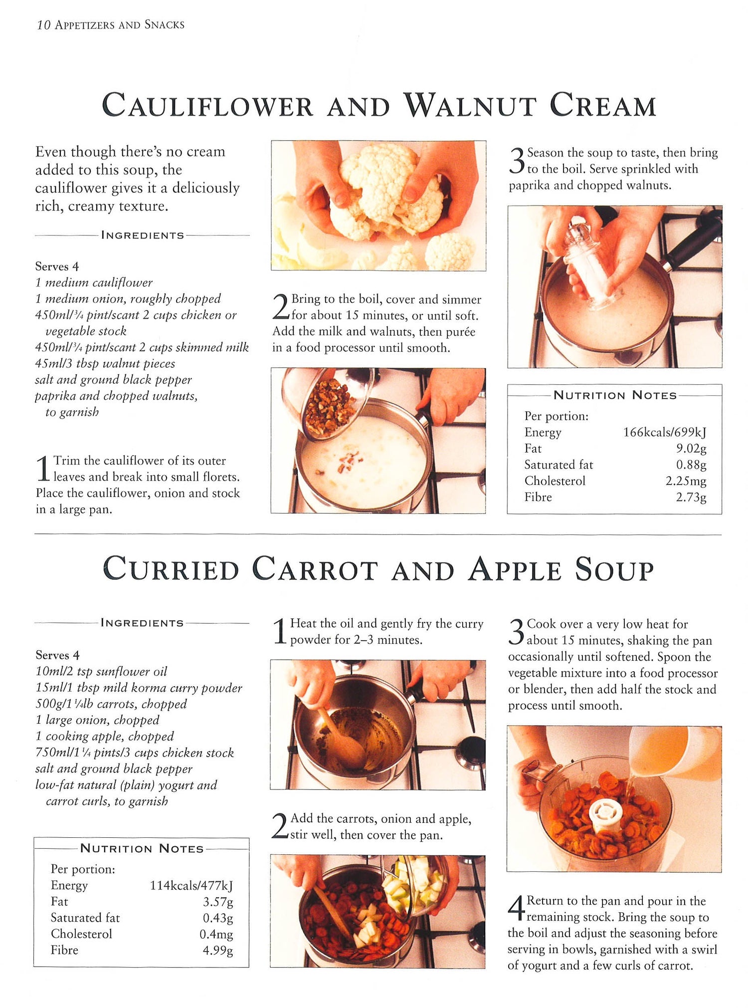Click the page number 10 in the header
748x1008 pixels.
point(43,25)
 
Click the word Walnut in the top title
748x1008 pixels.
point(470,105)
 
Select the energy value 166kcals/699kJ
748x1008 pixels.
point(665,432)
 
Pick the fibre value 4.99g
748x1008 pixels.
point(218,950)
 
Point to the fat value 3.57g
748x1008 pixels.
point(218,901)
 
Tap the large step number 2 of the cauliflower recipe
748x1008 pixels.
point(281,306)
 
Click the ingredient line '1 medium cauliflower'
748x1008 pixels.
point(94,283)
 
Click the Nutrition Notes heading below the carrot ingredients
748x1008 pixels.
point(142,848)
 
